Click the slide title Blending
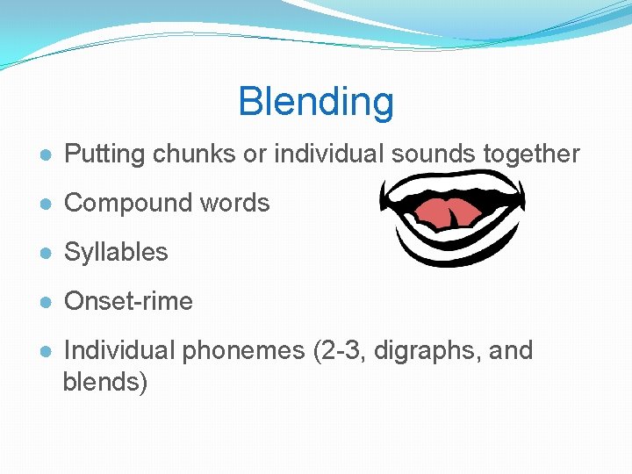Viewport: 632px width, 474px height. pyautogui.click(x=316, y=102)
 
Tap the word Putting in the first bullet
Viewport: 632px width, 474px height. pyautogui.click(x=105, y=154)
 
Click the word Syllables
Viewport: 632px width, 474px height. pyautogui.click(x=116, y=253)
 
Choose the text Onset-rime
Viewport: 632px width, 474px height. pyautogui.click(x=128, y=302)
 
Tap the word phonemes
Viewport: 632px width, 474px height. pyautogui.click(x=243, y=351)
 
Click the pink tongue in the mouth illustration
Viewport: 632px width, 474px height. pyautogui.click(x=449, y=213)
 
